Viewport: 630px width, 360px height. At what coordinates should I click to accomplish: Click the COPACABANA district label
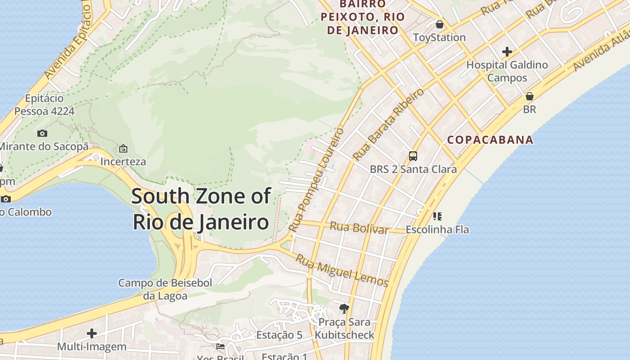(490, 139)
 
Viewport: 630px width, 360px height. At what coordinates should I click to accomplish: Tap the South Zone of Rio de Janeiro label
(201, 209)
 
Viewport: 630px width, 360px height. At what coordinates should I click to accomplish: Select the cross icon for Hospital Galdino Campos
(507, 52)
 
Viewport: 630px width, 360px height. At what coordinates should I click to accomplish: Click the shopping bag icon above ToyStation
(439, 24)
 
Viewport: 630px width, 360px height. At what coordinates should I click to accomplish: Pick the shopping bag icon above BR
(530, 96)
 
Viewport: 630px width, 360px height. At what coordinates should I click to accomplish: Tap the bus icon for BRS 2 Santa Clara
(413, 156)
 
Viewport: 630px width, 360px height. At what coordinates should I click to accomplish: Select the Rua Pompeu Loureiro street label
(316, 180)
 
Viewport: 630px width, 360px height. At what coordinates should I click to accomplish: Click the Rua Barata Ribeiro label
(388, 125)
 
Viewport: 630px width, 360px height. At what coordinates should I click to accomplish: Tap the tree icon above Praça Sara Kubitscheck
(344, 308)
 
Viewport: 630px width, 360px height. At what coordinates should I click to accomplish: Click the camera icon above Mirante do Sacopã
(42, 133)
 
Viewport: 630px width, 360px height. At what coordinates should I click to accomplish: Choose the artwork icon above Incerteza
(123, 148)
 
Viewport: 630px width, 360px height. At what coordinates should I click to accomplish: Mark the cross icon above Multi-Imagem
(92, 333)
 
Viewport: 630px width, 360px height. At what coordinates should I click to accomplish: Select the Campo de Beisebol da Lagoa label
(165, 289)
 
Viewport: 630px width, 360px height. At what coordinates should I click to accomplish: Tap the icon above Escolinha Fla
(437, 216)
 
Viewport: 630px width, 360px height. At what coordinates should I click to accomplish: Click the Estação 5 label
(279, 335)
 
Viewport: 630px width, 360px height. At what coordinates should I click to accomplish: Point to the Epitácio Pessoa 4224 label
(44, 104)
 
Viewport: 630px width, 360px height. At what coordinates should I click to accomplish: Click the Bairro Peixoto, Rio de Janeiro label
(363, 17)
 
